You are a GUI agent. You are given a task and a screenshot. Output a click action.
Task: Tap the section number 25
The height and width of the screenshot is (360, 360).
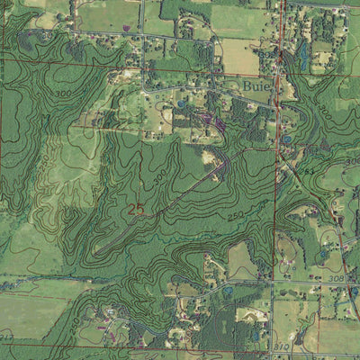136,209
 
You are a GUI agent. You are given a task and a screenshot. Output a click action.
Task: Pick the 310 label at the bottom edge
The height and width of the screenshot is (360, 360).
280,346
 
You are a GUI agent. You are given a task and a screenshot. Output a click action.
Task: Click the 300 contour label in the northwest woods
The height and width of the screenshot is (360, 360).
62,94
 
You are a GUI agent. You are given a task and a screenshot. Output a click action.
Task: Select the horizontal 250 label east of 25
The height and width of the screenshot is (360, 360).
236,216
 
